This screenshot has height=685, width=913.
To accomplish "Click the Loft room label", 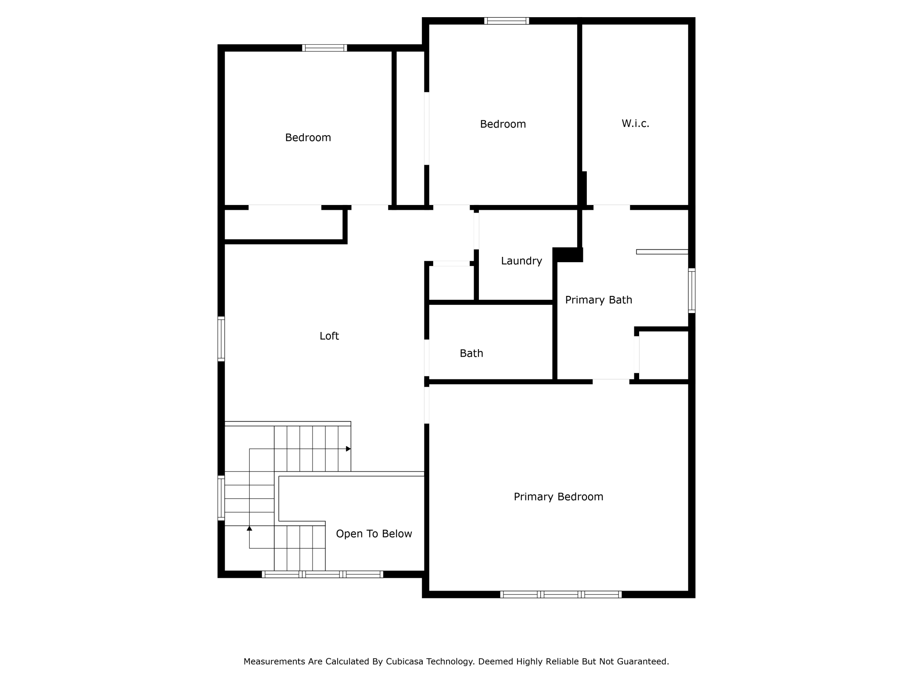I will click(329, 336).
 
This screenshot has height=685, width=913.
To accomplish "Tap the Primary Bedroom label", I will click(558, 497).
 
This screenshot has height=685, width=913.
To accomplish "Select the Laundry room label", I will click(521, 261).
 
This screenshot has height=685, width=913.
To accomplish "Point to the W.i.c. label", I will click(635, 123).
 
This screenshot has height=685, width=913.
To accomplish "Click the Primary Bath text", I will click(598, 300).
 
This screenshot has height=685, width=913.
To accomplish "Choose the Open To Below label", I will click(374, 534).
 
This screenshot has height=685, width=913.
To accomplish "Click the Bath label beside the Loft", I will click(471, 353).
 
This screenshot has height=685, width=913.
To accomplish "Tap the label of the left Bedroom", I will click(308, 137).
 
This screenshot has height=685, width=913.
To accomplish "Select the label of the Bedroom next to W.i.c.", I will click(503, 124).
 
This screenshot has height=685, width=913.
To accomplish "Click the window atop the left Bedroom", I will click(324, 48).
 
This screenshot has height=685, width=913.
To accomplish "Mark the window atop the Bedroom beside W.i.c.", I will click(507, 21).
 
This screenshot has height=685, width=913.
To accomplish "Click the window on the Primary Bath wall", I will click(691, 290).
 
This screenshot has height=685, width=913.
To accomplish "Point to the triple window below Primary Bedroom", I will click(561, 594).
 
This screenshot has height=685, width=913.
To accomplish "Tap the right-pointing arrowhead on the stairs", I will click(348, 449).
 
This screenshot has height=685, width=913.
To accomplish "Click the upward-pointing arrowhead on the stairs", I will click(249, 528).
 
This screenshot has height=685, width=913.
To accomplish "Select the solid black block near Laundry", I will click(568, 255).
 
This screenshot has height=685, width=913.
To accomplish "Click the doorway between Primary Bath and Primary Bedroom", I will click(611, 381).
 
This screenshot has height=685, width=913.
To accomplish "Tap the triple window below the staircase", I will click(322, 574).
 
